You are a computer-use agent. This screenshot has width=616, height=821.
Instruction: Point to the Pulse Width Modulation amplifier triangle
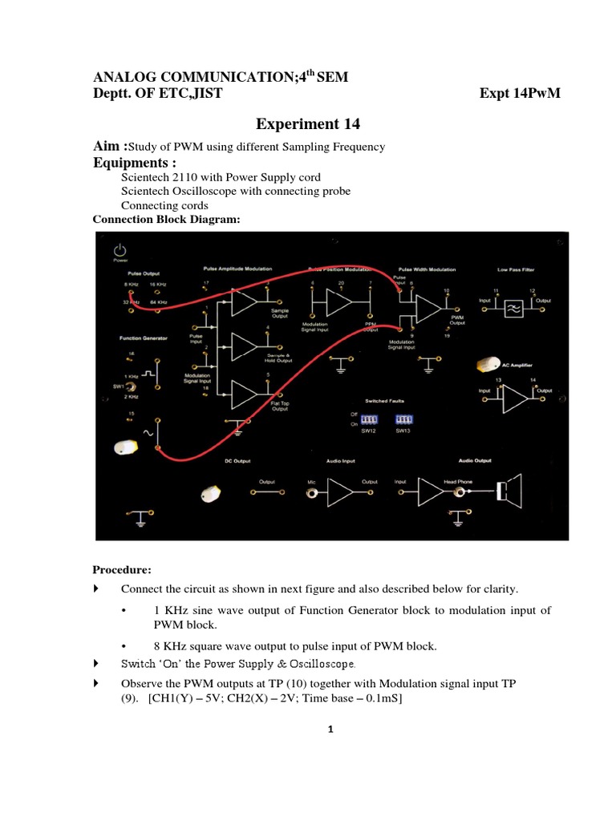click(428, 307)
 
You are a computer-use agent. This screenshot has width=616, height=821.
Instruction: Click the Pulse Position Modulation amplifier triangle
click(339, 304)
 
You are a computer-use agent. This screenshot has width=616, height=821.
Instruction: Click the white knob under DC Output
click(210, 493)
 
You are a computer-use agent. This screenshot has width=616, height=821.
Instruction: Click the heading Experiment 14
click(308, 123)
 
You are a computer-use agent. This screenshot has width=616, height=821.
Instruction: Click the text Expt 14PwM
click(520, 94)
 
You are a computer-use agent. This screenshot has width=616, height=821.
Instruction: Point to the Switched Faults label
click(385, 399)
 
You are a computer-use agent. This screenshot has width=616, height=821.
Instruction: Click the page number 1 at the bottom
click(330, 729)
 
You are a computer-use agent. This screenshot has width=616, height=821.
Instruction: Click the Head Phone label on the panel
click(457, 482)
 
